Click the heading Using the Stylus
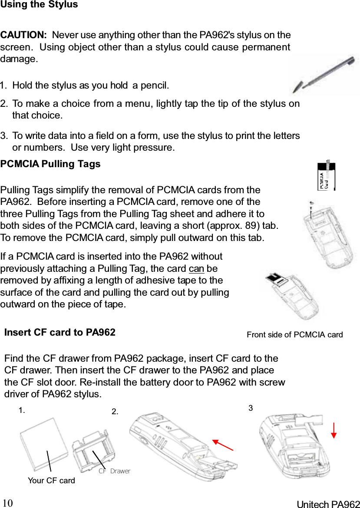pos(39,5)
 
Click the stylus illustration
pos(324,75)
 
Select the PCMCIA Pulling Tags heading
pos(50,164)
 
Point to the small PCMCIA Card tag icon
pos(327,176)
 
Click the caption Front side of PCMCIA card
pos(294,334)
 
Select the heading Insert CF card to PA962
pos(59,333)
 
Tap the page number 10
pos(8,503)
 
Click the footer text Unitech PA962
pos(328,504)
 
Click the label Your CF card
pos(51,480)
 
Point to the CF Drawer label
pos(114,471)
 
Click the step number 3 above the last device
pos(251,408)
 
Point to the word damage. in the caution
pos(19,59)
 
